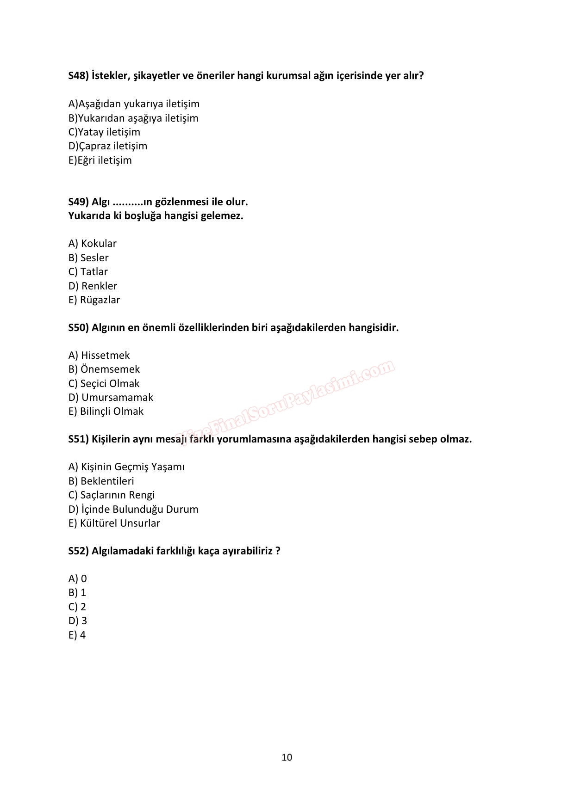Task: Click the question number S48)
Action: coord(78,76)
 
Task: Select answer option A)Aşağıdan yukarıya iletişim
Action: coord(134,104)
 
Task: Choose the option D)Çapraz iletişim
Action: coord(107,146)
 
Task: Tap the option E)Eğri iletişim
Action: coord(100,160)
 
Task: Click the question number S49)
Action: coord(78,202)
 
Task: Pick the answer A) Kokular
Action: coord(92,244)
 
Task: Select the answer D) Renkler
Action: coord(93,286)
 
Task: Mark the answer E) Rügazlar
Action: coord(94,300)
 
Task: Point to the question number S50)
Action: coord(78,328)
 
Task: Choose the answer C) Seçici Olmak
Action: coord(104,384)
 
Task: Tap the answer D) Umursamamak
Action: coord(111,398)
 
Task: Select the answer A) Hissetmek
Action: coord(99,356)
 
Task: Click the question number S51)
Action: coord(78,439)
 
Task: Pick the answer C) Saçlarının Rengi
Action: coord(111,495)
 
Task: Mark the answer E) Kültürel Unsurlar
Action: coord(114,523)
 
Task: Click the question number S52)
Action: coord(78,551)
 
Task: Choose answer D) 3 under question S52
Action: coord(78,621)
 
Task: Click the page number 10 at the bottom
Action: coord(287,757)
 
